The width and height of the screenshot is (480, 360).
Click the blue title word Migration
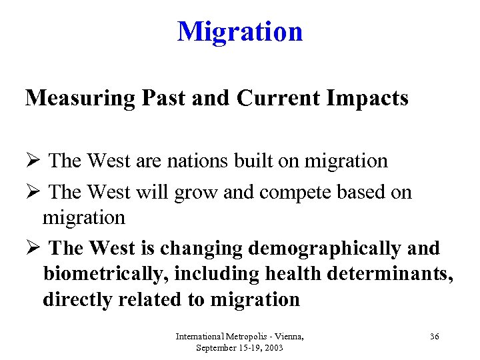[x=240, y=31]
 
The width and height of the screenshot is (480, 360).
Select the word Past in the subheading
[x=159, y=98]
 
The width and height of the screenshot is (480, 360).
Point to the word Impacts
[x=370, y=98]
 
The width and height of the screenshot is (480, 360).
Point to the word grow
[x=191, y=193]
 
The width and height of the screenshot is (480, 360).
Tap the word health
[x=296, y=274]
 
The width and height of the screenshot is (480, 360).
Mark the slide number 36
[x=434, y=337]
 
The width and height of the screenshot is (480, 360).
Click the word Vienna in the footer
[x=287, y=337]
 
